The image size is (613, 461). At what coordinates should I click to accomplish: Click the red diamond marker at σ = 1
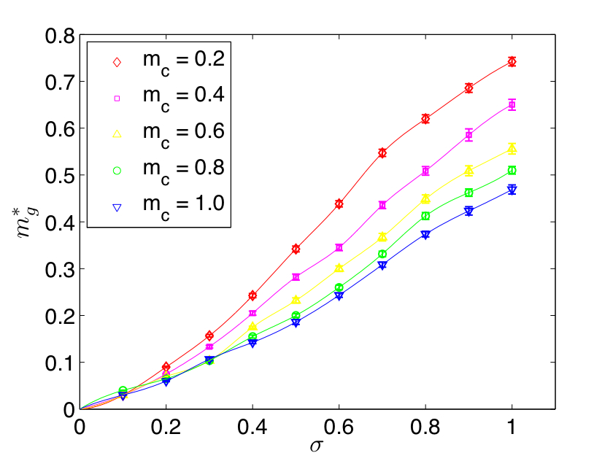tap(512, 62)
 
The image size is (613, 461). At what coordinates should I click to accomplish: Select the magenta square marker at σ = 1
tap(512, 105)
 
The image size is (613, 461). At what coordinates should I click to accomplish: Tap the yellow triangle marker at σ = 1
tap(512, 149)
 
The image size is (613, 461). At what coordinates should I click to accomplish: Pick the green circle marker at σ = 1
tap(512, 171)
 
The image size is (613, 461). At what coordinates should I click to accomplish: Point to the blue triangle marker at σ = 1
tap(512, 190)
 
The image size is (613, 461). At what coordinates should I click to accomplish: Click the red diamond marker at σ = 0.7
tap(382, 153)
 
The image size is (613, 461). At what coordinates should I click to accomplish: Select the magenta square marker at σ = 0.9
tap(469, 135)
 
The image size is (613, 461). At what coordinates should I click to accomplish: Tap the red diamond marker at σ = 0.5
tap(296, 249)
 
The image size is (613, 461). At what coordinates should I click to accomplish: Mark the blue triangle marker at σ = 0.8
tap(425, 235)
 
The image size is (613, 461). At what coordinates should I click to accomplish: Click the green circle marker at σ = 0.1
tap(123, 391)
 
